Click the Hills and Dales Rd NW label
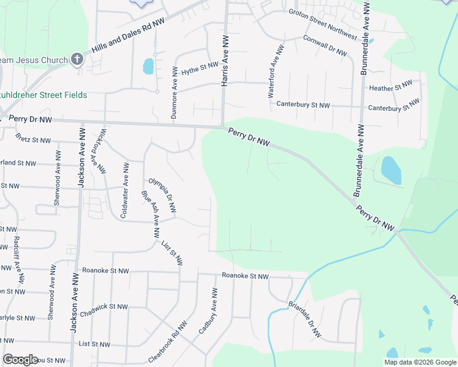click(128, 39)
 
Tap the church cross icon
click(77, 59)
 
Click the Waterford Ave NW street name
click(276, 72)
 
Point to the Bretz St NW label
click(33, 140)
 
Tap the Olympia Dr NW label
click(162, 196)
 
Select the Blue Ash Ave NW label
click(151, 215)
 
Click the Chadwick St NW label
click(103, 310)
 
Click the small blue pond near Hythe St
click(148, 66)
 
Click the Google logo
click(21, 360)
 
